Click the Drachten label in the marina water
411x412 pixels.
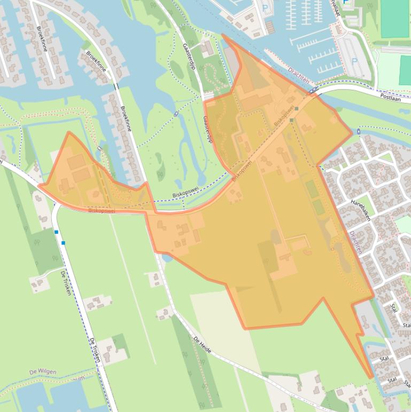(298, 79)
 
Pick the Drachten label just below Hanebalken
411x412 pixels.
(355, 242)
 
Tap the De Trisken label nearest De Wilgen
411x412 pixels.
(95, 350)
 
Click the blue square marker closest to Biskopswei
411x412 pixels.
(56, 232)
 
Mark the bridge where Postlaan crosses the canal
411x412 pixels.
(314, 90)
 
